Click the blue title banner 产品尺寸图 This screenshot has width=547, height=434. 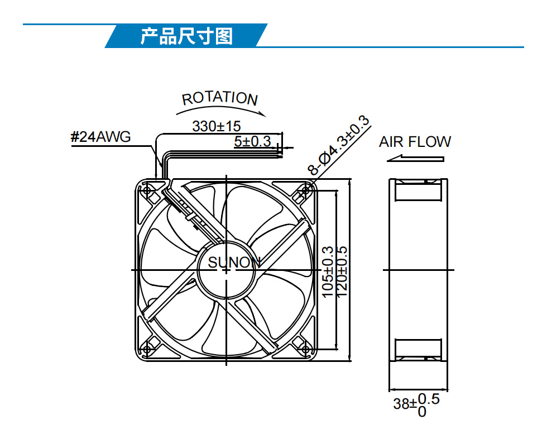point(186,36)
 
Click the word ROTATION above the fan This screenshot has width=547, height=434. point(220,98)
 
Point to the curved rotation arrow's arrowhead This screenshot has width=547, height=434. point(262,113)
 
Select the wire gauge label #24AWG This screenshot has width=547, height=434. point(100,136)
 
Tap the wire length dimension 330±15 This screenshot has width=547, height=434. point(217,126)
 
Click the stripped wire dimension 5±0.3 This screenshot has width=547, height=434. point(252,141)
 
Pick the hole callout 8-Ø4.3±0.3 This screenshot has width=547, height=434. point(338,145)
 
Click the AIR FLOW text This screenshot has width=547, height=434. point(415,142)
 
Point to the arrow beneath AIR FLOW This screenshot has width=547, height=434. point(415,159)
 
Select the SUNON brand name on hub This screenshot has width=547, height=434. point(234,262)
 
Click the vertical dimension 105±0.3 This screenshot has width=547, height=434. point(327,272)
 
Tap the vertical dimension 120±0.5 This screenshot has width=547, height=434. point(342,272)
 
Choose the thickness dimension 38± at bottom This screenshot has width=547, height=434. point(416,405)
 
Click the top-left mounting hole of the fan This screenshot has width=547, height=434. point(147,190)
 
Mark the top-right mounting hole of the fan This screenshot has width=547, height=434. point(306,190)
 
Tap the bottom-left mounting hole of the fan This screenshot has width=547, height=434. point(147,349)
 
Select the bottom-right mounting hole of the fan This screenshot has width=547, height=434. point(306,349)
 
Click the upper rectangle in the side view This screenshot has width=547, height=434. point(418,192)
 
